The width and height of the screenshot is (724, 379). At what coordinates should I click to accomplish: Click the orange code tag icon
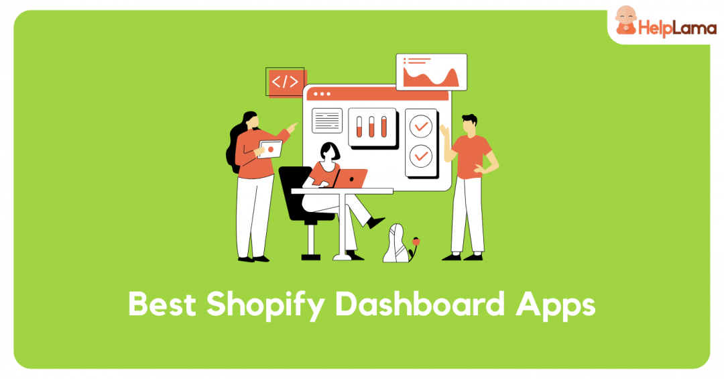(x=284, y=82)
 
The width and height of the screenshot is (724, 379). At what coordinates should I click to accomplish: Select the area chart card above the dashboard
(x=431, y=72)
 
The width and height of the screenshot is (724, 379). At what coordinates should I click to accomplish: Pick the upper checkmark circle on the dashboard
(x=421, y=125)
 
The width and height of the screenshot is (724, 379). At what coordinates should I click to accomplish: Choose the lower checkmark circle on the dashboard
(x=421, y=156)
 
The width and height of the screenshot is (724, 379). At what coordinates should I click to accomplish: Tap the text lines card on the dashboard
(x=326, y=121)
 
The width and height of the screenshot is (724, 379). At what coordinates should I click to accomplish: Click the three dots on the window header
(x=322, y=95)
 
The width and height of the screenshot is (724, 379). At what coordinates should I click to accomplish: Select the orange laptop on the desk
(x=351, y=178)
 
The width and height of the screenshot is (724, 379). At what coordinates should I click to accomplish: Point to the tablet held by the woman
(x=269, y=150)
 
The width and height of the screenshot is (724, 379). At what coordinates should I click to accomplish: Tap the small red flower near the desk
(x=416, y=239)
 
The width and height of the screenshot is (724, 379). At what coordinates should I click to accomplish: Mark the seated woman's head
(x=329, y=152)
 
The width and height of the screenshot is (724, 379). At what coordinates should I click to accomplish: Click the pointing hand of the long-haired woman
(x=293, y=125)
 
